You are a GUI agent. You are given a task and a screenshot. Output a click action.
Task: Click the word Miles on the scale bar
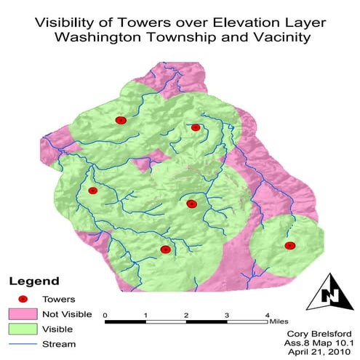tap(279, 319)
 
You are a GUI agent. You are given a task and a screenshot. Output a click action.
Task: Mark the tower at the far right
tap(289, 246)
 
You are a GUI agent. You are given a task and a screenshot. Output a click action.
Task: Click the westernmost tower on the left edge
tap(92, 191)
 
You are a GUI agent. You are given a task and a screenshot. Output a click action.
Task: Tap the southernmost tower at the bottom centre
tap(165, 249)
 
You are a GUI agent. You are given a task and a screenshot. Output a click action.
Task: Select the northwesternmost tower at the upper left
tap(121, 120)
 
